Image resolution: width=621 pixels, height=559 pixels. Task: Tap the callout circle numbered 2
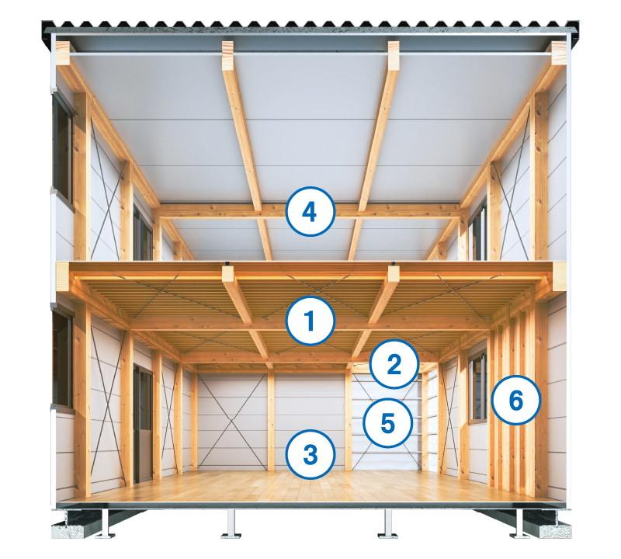[394, 363]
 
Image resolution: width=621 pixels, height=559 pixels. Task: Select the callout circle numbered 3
[311, 454]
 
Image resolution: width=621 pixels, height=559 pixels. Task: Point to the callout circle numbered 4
[310, 211]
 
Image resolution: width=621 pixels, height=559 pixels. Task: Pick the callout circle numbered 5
[387, 422]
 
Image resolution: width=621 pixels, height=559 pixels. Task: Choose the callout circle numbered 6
[516, 400]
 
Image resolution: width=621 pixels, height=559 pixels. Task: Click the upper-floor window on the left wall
[64, 151]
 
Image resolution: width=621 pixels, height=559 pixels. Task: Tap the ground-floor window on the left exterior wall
[63, 359]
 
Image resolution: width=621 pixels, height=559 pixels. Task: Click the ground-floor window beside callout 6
[477, 387]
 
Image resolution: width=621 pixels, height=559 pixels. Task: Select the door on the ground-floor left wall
[143, 424]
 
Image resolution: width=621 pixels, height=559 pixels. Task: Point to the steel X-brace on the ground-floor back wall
[232, 422]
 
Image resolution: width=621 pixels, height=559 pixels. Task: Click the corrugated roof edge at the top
[310, 26]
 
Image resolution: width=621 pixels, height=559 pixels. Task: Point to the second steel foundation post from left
[231, 524]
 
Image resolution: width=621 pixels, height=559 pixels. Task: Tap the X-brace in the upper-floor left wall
[106, 189]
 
